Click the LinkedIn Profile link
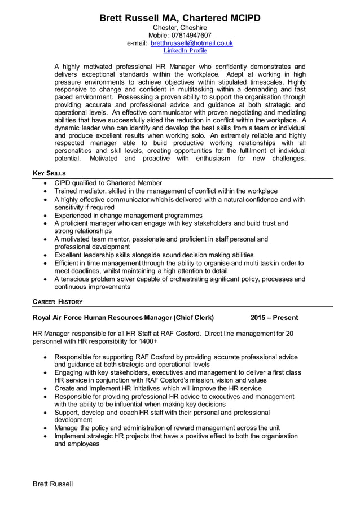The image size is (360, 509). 185,51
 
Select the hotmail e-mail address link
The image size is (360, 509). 191,43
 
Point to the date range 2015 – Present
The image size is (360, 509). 274,318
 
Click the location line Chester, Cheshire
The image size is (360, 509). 180,27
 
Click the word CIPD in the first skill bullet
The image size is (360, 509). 64,183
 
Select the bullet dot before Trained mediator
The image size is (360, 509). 45,191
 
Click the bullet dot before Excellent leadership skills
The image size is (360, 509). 45,255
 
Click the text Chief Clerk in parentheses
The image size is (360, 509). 194,318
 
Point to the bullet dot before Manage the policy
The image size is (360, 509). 45,428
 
